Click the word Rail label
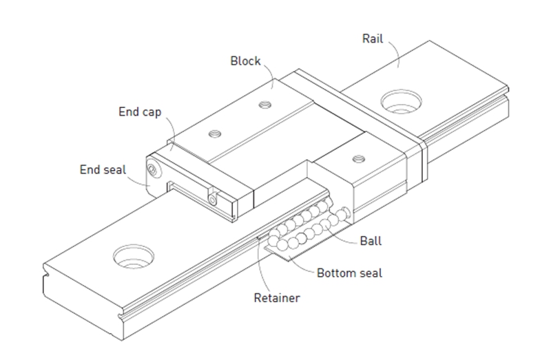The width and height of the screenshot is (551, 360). coord(373,38)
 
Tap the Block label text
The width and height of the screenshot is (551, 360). coord(245,61)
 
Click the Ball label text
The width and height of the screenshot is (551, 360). coord(371,242)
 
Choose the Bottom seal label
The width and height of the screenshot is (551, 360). coord(349,273)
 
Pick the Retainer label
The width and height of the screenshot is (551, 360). coord(278,298)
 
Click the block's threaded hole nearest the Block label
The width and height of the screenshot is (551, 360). coord(262,105)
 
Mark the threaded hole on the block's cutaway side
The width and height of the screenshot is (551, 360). coord(356,159)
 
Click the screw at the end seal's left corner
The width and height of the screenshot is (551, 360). coord(152,169)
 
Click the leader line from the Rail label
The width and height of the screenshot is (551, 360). coord(393,52)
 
